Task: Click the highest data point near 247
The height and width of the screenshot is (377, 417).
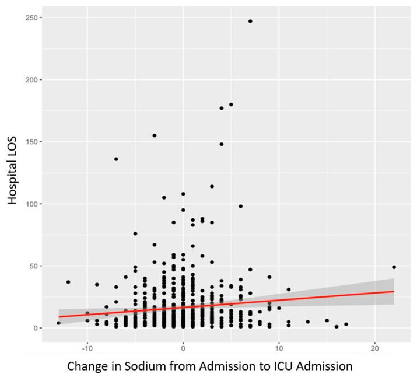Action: click(250, 21)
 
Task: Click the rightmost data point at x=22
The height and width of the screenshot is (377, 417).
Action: click(394, 267)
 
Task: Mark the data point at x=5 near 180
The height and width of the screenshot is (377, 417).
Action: click(231, 104)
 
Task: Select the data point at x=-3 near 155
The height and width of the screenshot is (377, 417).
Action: click(155, 135)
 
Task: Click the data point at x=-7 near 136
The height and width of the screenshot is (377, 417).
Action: click(116, 159)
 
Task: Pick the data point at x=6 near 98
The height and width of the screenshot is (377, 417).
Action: click(240, 206)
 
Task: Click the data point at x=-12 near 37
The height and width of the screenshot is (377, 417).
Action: click(68, 282)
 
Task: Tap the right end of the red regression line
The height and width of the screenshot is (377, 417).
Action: click(394, 291)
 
